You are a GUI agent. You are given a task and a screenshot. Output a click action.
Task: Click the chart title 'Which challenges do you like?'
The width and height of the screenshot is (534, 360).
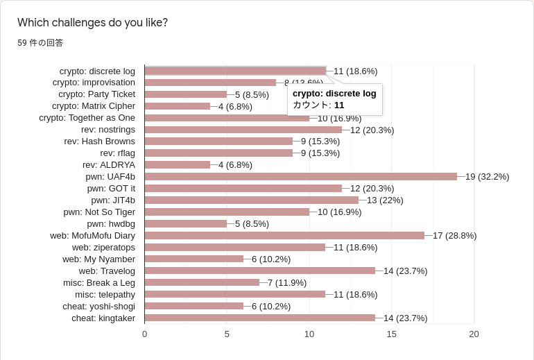coord(92,22)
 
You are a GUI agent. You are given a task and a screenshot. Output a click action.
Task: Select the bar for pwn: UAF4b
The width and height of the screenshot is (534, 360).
coord(300,176)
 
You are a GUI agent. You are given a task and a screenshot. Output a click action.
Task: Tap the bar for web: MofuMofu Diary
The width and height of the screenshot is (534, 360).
coord(284,235)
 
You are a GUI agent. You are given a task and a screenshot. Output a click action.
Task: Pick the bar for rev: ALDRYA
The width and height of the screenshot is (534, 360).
coord(178,164)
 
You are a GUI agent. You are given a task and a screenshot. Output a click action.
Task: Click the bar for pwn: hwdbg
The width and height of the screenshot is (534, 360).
coord(186,223)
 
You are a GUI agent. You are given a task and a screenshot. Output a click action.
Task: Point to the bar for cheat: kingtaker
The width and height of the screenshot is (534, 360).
coord(259,318)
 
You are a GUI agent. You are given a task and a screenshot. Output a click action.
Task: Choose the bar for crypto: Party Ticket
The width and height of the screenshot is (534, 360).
coord(186,94)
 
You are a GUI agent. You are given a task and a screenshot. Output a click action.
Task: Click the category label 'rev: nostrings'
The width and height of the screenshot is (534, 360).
coord(108,130)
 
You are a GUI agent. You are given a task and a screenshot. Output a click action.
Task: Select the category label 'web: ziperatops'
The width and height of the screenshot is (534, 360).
coord(103,247)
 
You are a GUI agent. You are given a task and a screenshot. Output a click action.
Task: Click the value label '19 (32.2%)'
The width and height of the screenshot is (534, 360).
coord(487,176)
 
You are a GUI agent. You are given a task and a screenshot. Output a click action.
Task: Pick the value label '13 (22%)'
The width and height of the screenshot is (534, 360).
coord(385,200)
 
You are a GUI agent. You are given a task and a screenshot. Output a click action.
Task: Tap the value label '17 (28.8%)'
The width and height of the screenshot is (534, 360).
coord(454,235)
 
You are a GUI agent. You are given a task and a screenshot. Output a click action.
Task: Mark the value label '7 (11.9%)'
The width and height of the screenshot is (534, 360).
coord(287,282)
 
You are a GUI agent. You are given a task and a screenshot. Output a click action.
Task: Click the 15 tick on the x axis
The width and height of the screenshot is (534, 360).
coord(392,334)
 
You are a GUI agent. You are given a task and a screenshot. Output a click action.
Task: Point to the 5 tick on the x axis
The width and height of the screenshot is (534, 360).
coord(227,334)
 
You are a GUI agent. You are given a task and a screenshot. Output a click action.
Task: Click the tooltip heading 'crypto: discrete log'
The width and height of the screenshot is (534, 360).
coord(334,93)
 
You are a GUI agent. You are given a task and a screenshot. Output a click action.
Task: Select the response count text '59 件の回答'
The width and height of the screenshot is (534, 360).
coord(40,43)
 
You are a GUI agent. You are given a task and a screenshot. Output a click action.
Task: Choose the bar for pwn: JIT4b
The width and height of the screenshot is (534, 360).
coord(251,200)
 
